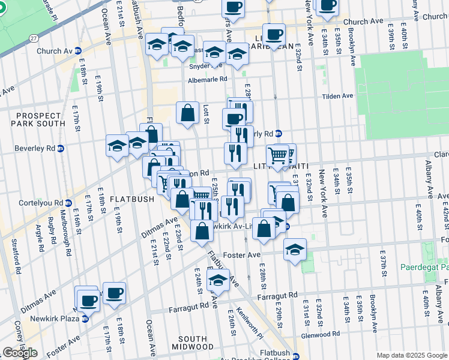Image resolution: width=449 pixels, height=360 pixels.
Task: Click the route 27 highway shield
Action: (34, 38)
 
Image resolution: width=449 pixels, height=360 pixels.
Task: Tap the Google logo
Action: (20, 352)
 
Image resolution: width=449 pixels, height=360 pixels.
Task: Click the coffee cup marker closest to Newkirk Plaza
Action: (88, 299)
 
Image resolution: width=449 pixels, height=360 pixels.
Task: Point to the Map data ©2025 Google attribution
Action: (411, 355)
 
